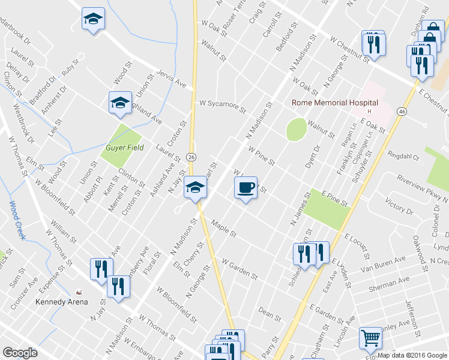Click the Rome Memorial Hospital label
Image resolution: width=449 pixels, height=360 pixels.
(x=334, y=103)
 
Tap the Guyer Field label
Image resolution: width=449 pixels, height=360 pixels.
(x=124, y=148)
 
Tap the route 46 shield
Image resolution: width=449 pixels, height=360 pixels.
(x=402, y=112)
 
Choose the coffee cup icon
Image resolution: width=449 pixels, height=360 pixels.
(x=245, y=188)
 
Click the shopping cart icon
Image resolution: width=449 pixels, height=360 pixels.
(x=371, y=338)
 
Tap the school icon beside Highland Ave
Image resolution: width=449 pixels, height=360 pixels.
(x=120, y=103)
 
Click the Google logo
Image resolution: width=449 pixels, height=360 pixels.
(x=20, y=353)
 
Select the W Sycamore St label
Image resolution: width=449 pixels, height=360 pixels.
(x=223, y=106)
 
